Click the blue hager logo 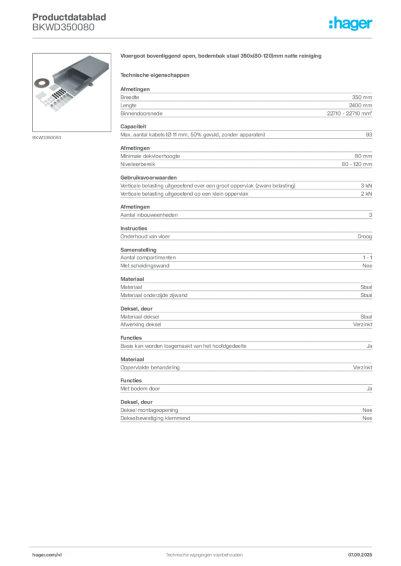click(x=351, y=24)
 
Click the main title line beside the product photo click(x=220, y=57)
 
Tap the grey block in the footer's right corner click(x=363, y=553)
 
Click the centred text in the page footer click(x=205, y=553)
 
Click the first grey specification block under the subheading click(x=246, y=102)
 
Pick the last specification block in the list click(x=246, y=411)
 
